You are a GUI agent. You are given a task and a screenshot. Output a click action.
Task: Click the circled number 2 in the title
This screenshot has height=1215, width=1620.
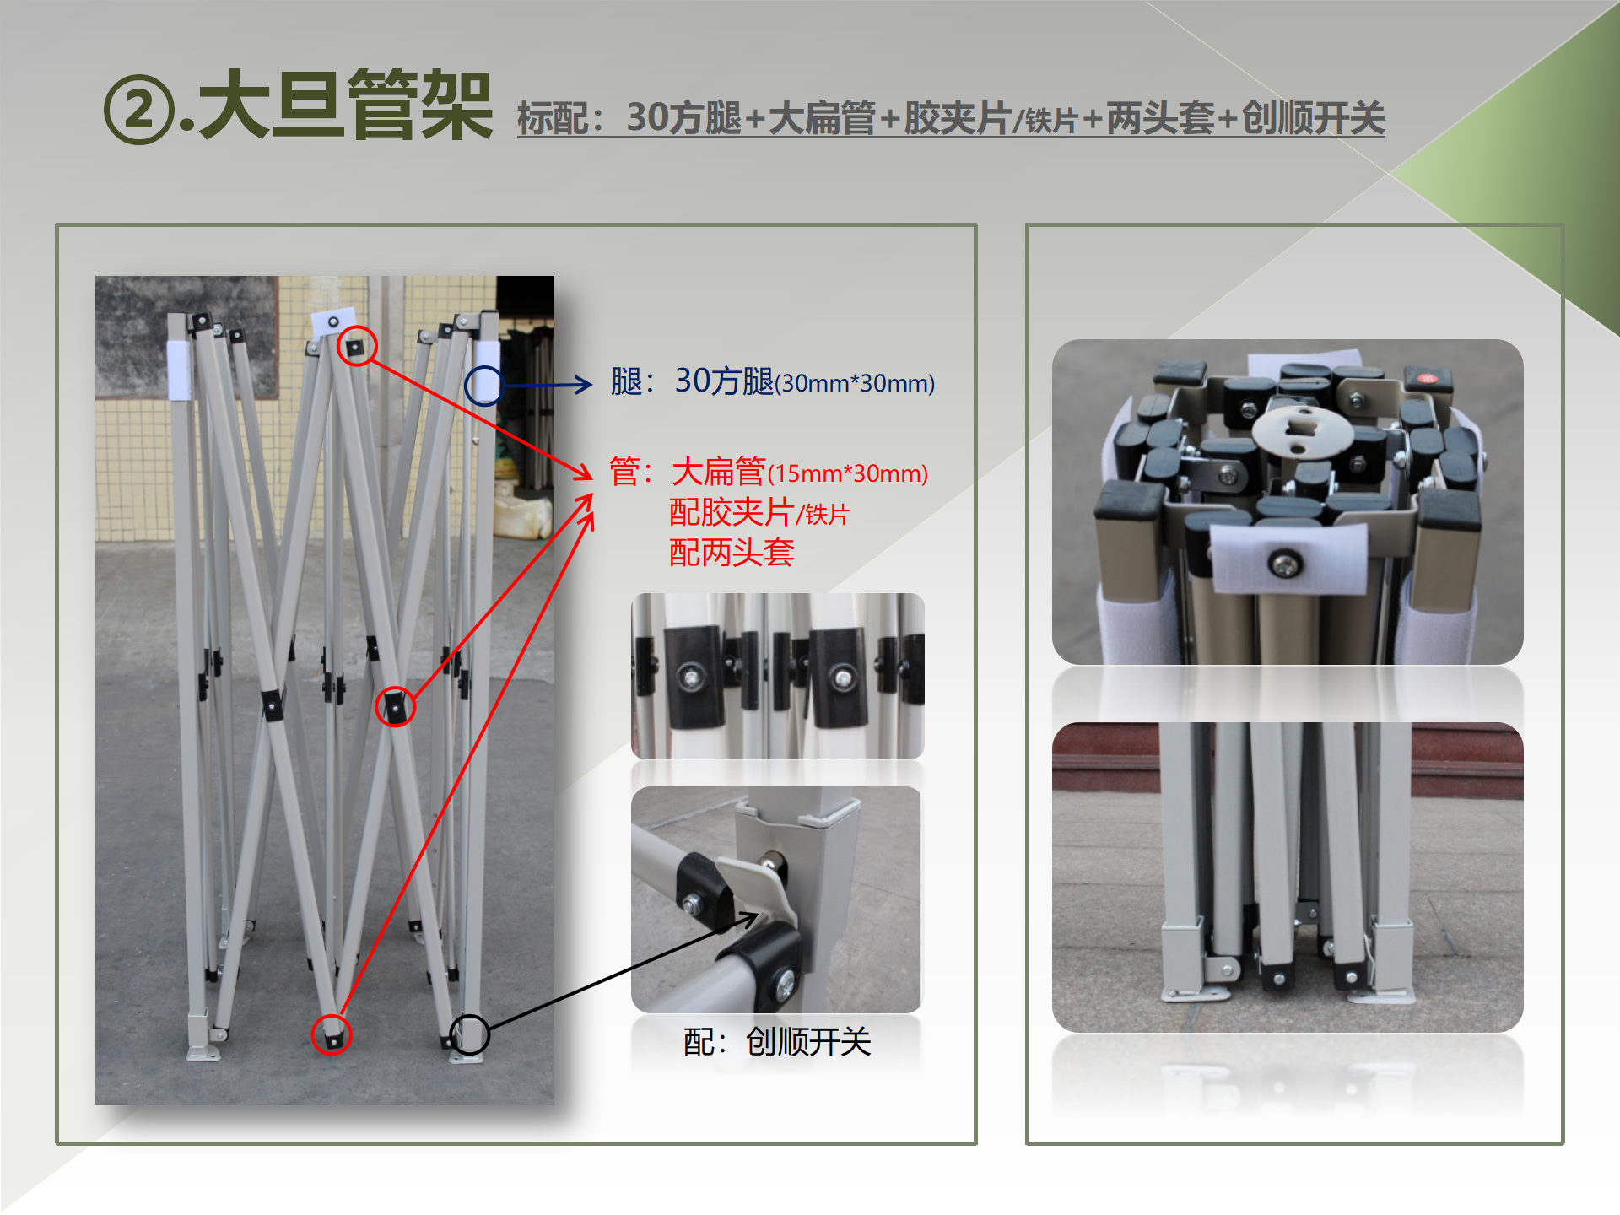[139, 110]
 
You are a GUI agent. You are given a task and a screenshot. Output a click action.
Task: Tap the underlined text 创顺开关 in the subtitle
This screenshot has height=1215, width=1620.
[1313, 118]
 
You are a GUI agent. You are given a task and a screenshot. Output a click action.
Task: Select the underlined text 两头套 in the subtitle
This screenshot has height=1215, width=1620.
[1159, 118]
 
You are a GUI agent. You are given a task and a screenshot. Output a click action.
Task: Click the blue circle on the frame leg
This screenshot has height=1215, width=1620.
[483, 386]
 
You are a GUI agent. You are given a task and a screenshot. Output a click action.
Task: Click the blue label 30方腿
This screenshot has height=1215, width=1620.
[724, 381]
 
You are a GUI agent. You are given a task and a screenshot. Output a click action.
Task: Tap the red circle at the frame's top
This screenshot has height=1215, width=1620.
[356, 346]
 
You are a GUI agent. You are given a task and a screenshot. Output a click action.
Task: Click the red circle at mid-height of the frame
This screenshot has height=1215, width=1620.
[395, 706]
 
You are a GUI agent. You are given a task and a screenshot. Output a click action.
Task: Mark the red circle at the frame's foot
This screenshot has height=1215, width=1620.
[331, 1034]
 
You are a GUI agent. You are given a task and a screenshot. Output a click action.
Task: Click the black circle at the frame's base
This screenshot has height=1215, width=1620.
[469, 1034]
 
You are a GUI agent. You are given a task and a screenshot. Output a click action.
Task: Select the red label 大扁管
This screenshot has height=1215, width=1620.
[719, 471]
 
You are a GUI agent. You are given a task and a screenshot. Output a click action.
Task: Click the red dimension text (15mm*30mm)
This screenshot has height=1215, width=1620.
[848, 474]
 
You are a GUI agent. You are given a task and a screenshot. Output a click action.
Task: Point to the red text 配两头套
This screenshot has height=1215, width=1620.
[732, 553]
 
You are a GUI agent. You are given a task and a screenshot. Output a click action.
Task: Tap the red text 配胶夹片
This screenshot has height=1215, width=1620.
[732, 512]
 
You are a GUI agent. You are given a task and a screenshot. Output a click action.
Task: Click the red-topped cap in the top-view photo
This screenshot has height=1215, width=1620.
[1428, 379]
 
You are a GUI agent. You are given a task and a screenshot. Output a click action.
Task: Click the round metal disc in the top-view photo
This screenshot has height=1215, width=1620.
[1303, 429]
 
